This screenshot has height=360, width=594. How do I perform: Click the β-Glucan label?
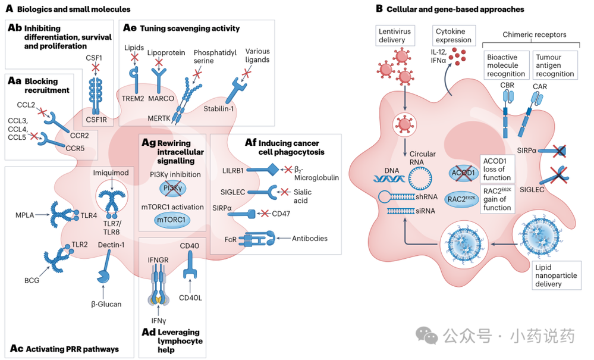106,304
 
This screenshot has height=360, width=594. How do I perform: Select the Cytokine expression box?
454,35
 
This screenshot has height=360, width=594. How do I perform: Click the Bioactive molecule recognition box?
505,65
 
